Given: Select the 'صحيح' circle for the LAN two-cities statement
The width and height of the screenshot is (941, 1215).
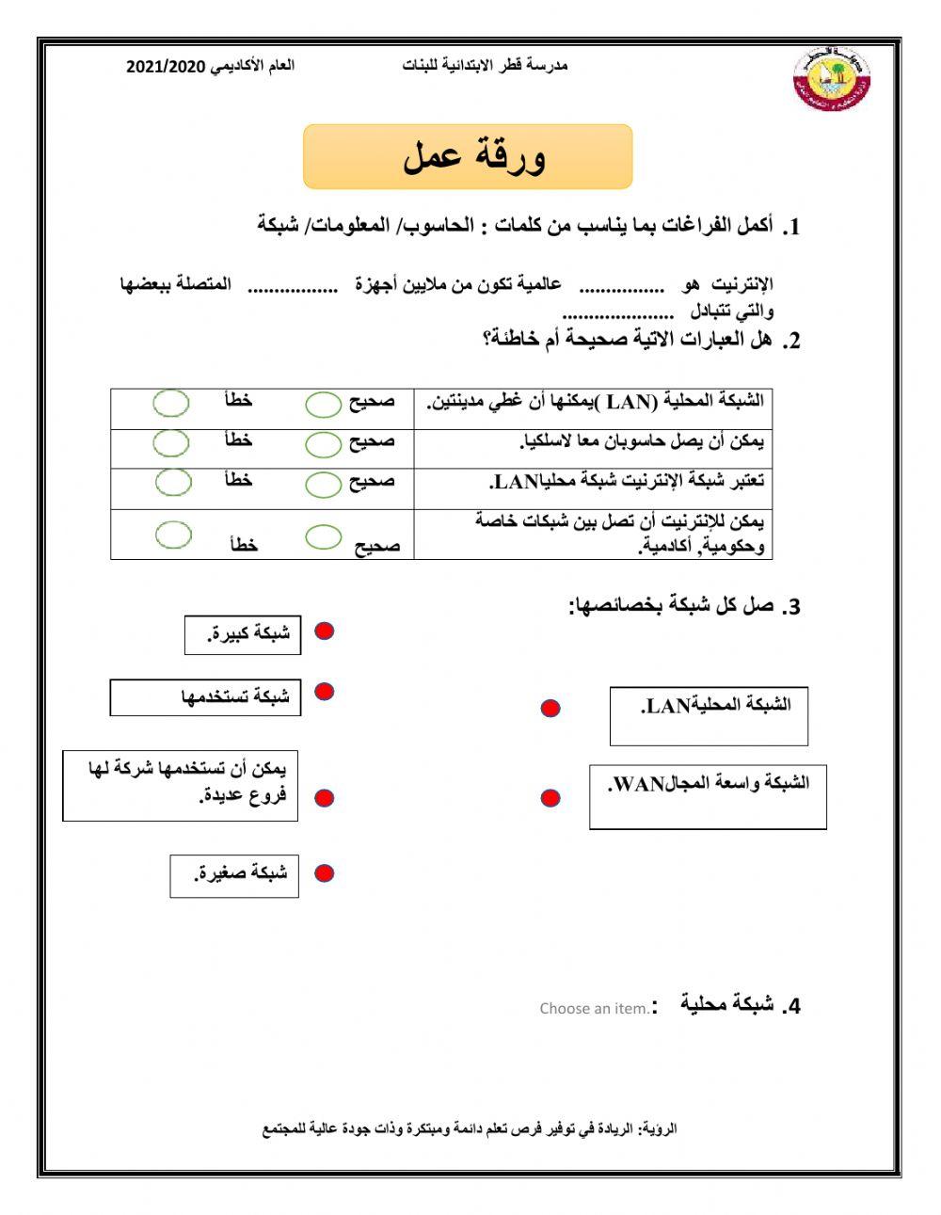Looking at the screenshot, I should [x=324, y=404].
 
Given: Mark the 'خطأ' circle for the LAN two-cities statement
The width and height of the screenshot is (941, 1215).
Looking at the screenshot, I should [x=171, y=403].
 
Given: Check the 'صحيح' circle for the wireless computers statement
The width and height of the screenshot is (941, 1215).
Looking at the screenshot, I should [x=324, y=442].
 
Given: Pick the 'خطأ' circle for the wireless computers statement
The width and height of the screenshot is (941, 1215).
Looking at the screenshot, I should [x=171, y=441].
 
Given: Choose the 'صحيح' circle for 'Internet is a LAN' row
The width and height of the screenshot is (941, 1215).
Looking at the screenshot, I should [x=324, y=483].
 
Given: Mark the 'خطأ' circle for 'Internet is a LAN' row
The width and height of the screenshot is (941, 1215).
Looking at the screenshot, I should [x=173, y=481].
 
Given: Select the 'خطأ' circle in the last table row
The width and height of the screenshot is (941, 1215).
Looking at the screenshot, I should [x=173, y=535].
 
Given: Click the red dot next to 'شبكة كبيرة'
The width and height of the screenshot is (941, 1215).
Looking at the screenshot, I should [x=324, y=631].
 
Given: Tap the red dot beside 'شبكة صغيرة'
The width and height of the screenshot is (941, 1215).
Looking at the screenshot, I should [x=324, y=873].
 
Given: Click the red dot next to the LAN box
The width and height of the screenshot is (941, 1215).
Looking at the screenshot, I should [x=550, y=708].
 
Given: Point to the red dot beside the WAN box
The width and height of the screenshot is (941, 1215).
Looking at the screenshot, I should [x=550, y=798].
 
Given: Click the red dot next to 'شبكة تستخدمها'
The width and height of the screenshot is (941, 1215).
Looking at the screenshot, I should [x=324, y=692].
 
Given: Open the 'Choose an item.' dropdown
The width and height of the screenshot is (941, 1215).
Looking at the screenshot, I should [x=594, y=1008].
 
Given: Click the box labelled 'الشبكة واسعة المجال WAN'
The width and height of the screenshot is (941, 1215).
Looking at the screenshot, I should [x=708, y=796].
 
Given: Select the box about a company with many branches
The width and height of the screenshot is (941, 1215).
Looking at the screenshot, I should [x=180, y=785].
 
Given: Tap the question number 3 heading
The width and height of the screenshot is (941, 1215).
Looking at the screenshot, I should [x=685, y=606].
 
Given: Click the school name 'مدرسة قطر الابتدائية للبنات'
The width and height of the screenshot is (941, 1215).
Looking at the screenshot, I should [x=485, y=66].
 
